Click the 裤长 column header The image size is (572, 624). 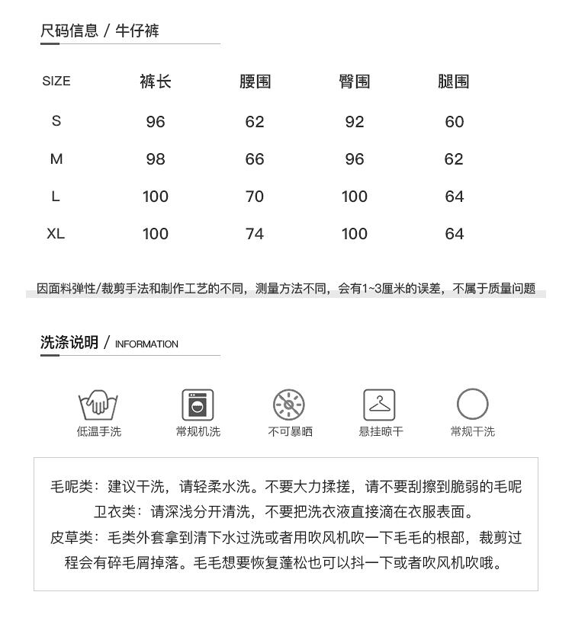click(155, 82)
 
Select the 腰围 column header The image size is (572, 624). click(255, 82)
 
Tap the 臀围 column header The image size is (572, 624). click(355, 82)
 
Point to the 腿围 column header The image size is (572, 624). click(454, 82)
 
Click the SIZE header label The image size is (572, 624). click(56, 82)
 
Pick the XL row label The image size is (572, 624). click(56, 234)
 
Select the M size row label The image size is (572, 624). click(56, 159)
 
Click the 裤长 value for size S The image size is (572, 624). click(155, 122)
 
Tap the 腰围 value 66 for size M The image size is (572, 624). click(255, 159)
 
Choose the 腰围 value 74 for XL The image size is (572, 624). click(255, 234)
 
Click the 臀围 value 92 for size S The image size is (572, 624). click(355, 122)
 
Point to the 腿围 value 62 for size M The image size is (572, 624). click(454, 159)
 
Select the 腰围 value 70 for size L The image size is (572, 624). click(255, 197)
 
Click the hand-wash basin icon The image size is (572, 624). click(98, 404)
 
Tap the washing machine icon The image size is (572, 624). click(198, 404)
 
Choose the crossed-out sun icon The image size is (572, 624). click(289, 404)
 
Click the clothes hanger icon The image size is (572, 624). click(380, 404)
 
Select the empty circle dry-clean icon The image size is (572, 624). click(472, 404)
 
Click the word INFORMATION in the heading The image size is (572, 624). click(146, 344)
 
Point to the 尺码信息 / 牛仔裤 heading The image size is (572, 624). click(100, 31)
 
